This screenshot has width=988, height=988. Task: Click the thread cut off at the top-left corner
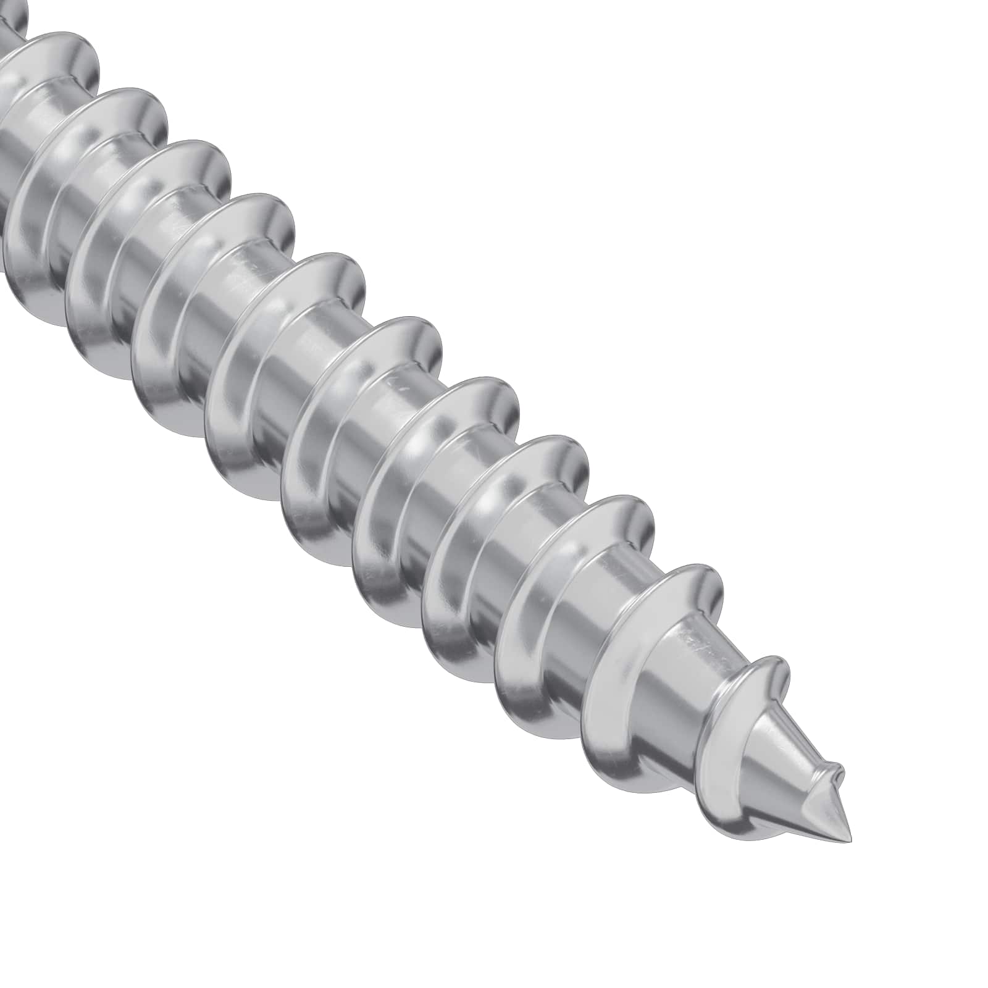coord(15,19)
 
